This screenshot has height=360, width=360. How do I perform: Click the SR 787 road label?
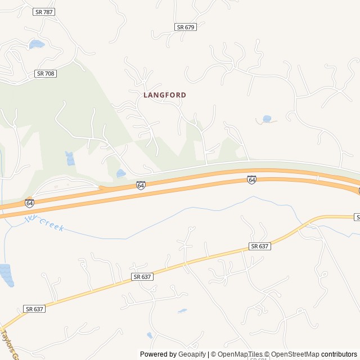click(x=43, y=12)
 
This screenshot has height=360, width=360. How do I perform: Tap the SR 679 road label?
click(x=185, y=27)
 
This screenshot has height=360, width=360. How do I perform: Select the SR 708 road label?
click(x=46, y=74)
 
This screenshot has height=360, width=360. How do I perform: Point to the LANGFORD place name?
click(x=165, y=95)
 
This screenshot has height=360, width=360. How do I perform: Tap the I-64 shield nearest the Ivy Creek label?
click(x=29, y=203)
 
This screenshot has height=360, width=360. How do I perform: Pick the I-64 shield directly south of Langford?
click(x=141, y=185)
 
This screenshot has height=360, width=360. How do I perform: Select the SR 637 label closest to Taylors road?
click(x=34, y=309)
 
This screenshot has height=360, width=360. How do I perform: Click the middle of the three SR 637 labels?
click(x=143, y=277)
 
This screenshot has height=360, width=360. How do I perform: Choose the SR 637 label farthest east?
click(x=260, y=246)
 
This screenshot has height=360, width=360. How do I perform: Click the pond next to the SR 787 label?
click(x=37, y=44)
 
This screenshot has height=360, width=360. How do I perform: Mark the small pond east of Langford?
click(x=267, y=119)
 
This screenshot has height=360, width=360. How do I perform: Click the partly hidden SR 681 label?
click(x=258, y=358)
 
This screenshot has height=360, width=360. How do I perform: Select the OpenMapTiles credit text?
click(x=237, y=354)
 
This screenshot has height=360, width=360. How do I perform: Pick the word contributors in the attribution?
click(x=339, y=354)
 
